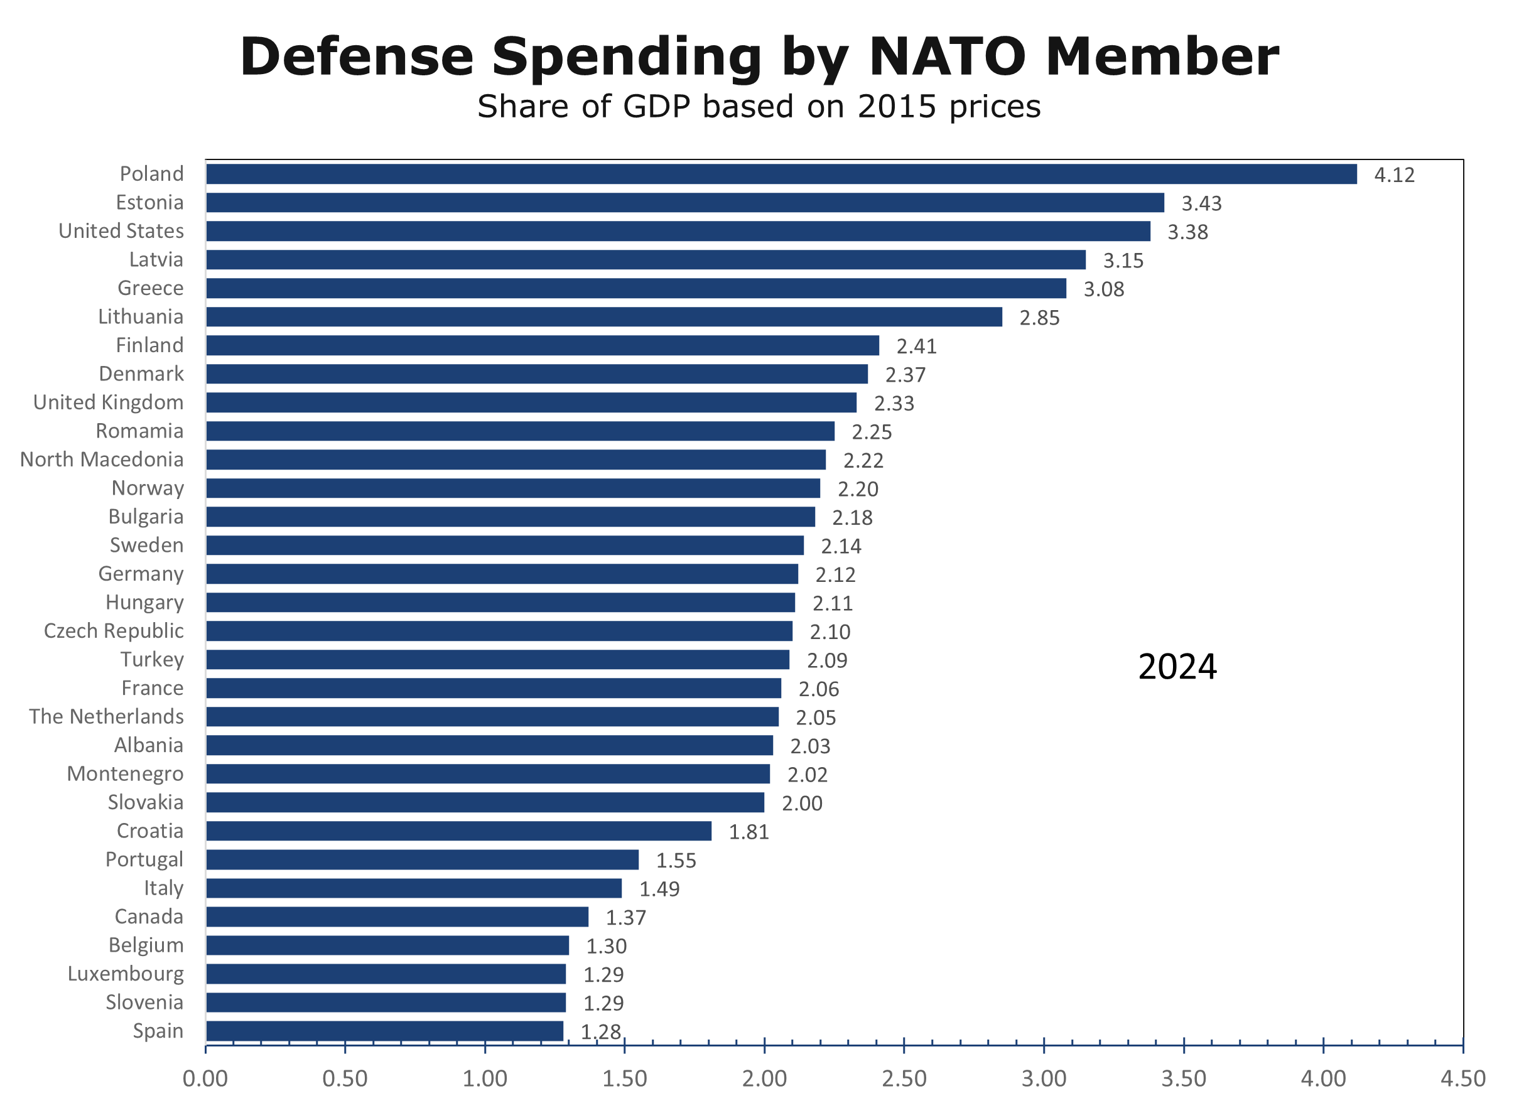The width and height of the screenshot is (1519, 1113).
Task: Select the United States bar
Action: click(x=678, y=231)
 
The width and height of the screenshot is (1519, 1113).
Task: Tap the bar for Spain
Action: click(x=384, y=1031)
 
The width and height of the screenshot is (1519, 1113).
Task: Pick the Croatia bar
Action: click(x=458, y=831)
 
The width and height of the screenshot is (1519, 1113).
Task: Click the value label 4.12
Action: click(x=1393, y=175)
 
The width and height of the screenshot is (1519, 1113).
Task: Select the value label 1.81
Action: click(x=748, y=832)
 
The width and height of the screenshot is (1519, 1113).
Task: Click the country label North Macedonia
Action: click(x=102, y=460)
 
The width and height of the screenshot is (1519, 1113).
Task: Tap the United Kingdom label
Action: click(x=109, y=402)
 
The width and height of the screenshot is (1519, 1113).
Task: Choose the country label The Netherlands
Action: click(x=107, y=716)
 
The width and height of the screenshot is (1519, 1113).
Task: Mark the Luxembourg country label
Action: click(x=126, y=974)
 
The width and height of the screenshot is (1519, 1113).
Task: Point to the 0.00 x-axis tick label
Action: click(x=205, y=1078)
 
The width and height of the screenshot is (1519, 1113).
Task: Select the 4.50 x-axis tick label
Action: click(x=1462, y=1078)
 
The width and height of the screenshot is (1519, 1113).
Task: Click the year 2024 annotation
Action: click(x=1177, y=667)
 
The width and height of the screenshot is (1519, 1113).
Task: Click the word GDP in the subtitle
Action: click(x=656, y=107)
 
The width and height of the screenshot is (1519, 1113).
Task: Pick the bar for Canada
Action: click(x=397, y=917)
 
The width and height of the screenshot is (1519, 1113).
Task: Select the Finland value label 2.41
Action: click(x=916, y=347)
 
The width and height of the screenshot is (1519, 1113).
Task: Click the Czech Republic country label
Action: click(x=114, y=631)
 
